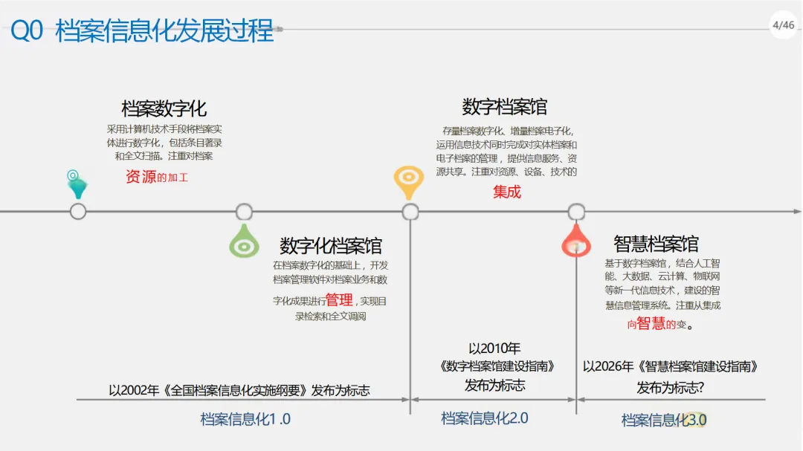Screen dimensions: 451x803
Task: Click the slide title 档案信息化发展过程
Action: [164, 32]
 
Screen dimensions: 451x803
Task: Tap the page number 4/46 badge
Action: [783, 25]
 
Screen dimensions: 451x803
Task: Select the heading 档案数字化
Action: [164, 108]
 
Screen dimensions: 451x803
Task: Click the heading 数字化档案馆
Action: [331, 246]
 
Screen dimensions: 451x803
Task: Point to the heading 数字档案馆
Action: [505, 107]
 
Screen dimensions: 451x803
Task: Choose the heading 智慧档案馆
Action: [656, 244]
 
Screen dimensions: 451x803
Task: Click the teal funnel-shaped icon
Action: [76, 185]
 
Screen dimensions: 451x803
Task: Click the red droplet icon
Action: [576, 241]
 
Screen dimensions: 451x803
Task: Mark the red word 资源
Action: [141, 177]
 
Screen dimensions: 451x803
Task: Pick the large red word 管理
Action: [339, 299]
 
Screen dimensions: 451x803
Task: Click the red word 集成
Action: [507, 192]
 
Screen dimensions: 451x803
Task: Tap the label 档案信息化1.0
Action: [245, 419]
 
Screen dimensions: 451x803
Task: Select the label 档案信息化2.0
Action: [485, 418]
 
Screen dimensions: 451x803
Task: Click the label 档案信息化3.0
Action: [664, 421]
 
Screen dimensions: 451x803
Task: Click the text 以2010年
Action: [494, 348]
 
